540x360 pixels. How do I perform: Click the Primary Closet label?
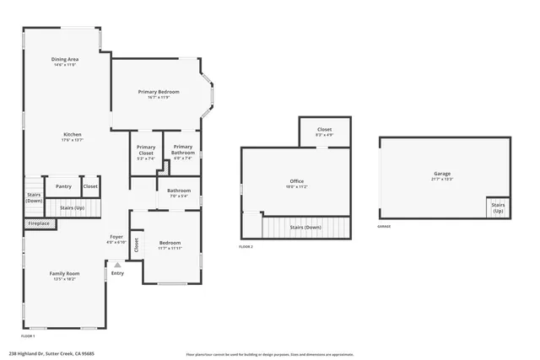(145, 150)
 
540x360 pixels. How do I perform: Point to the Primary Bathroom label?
(183, 150)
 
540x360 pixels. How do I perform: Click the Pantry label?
(63, 186)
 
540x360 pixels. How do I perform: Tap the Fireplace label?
(39, 223)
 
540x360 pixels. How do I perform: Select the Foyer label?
(116, 237)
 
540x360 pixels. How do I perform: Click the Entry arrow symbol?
(117, 265)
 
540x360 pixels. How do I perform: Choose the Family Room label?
(64, 274)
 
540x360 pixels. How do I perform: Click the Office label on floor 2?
(296, 181)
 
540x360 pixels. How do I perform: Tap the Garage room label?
(442, 174)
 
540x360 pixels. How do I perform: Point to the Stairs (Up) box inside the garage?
(498, 207)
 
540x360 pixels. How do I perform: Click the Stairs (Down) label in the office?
(305, 227)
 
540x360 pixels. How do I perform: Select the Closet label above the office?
(324, 130)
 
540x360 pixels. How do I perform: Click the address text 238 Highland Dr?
(51, 354)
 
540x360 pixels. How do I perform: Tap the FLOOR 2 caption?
(246, 246)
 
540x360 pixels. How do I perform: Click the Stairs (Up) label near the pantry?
(71, 207)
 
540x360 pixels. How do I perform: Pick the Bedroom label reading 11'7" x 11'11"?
(170, 244)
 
